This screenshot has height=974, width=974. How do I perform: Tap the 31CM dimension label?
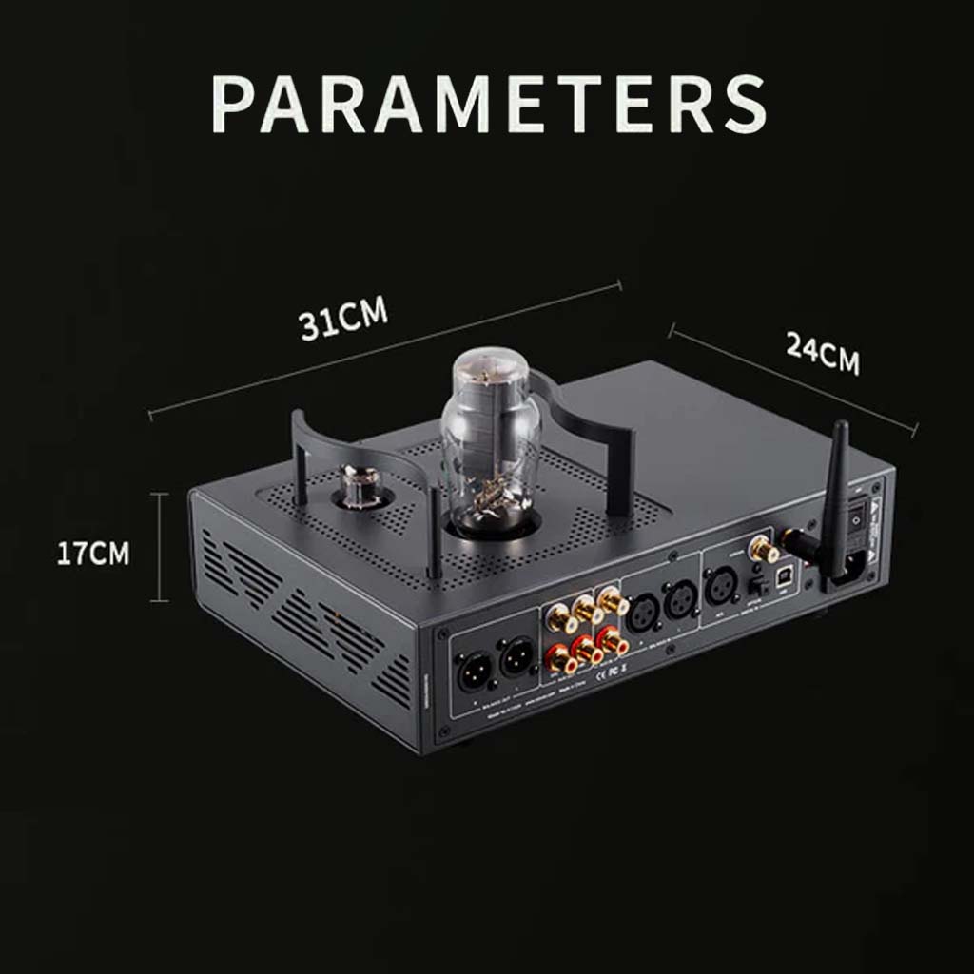343,320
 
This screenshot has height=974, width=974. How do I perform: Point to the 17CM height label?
92,554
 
